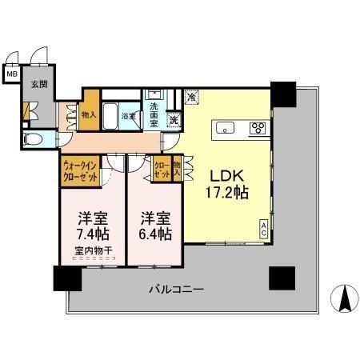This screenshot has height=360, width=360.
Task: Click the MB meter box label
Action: pyautogui.click(x=11, y=74)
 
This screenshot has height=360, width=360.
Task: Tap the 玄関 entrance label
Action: pyautogui.click(x=38, y=83)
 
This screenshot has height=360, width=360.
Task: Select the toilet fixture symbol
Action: pyautogui.click(x=33, y=138)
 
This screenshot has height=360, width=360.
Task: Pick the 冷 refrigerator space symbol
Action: pyautogui.click(x=191, y=97)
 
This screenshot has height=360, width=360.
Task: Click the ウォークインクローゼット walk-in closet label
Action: pyautogui.click(x=80, y=173)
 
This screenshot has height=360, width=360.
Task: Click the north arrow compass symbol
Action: pyautogui.click(x=345, y=300)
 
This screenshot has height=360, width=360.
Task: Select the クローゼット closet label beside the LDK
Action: pyautogui.click(x=162, y=170)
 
